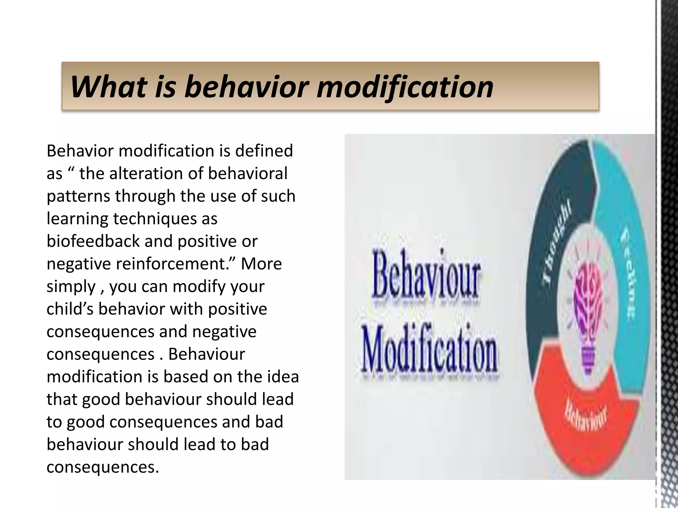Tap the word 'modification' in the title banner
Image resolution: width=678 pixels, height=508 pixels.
coord(405,87)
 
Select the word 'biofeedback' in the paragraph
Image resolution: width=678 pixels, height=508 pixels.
coord(93,241)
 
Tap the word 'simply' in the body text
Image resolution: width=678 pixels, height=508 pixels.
coord(71,287)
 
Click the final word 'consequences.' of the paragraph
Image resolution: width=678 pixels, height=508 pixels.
coord(103,467)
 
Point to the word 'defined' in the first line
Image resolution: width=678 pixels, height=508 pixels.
coord(264,151)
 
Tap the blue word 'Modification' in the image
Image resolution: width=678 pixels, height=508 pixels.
coord(430,353)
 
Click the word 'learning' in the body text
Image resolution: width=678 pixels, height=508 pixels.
coord(77,219)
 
